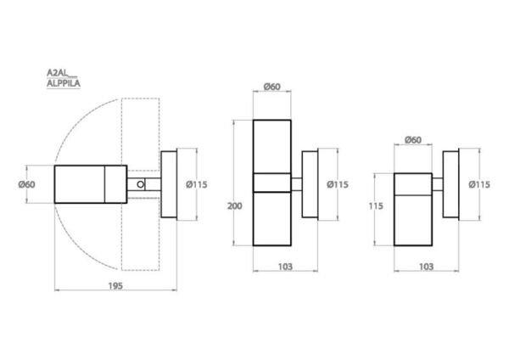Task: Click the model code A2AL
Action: (x=57, y=72)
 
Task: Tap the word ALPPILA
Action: (x=64, y=83)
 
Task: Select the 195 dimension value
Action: (x=115, y=286)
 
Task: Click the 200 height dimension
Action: (x=234, y=206)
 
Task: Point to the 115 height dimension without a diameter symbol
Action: (x=376, y=206)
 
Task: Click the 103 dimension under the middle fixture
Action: (x=285, y=267)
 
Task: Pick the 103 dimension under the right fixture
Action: (x=426, y=267)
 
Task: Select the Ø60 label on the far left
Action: (x=26, y=184)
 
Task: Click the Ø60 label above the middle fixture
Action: (x=272, y=87)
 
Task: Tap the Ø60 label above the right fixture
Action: (x=413, y=140)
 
